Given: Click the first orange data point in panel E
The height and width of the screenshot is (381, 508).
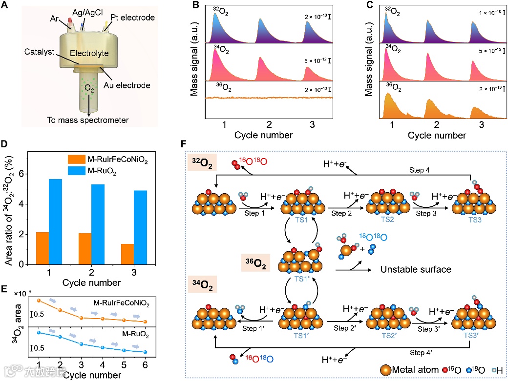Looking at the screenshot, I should point(38,300).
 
